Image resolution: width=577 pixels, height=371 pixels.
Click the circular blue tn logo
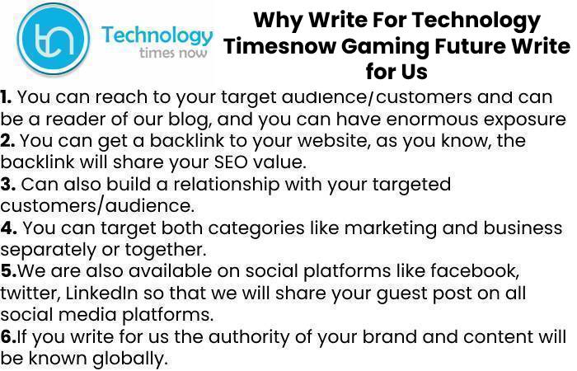[x=54, y=39]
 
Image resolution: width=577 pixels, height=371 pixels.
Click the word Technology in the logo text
[x=157, y=36]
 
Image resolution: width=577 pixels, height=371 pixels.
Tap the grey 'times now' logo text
[x=173, y=53]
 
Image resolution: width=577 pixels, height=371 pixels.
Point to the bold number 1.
[x=6, y=97]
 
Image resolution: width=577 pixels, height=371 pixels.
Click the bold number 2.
[x=7, y=141]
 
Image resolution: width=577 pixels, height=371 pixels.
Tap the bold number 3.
[x=7, y=185]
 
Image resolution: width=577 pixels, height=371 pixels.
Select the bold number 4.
[x=8, y=228]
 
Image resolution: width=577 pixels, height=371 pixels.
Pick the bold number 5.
[x=8, y=271]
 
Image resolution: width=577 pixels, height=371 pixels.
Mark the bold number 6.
[x=8, y=336]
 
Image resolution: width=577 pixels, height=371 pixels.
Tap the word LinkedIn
[x=101, y=293]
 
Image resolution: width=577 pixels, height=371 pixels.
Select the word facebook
[x=475, y=271]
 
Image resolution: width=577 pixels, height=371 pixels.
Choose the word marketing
[x=391, y=228]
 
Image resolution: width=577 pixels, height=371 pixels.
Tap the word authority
[x=249, y=337]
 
